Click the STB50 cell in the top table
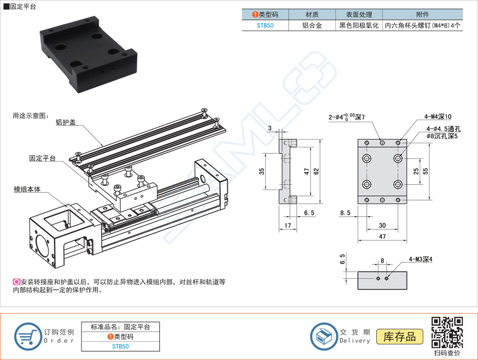[x=265, y=26]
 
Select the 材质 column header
[x=312, y=15]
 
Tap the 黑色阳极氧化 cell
[x=359, y=26]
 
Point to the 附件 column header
[x=422, y=15]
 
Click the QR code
[x=447, y=332]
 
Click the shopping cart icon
[x=28, y=336]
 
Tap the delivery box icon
[x=324, y=336]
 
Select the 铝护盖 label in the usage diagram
[x=66, y=122]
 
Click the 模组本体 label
[x=27, y=189]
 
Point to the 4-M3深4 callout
[x=421, y=259]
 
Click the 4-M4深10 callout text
[x=438, y=117]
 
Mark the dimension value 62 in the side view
[x=316, y=172]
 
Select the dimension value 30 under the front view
[x=382, y=225]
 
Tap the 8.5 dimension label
[x=345, y=213]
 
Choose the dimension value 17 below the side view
[x=287, y=225]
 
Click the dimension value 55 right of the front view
[x=425, y=172]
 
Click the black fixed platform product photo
[x=88, y=54]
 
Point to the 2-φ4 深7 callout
[x=347, y=117]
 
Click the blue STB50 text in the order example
[x=120, y=346]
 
